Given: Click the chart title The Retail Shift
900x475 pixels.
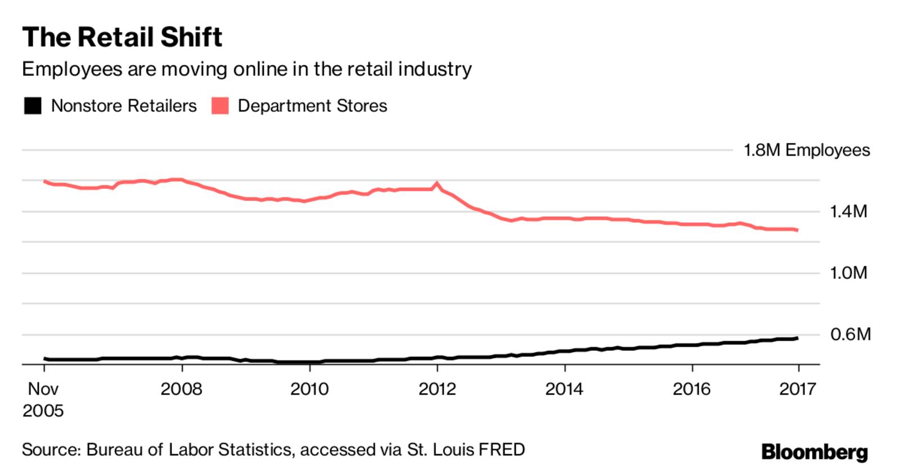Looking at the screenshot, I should [122, 38].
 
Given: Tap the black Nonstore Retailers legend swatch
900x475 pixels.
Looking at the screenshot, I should [33, 106].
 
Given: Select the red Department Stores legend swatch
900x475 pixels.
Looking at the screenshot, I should [220, 106].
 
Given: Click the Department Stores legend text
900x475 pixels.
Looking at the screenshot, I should [312, 106].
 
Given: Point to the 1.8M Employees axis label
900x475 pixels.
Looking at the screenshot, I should [806, 150].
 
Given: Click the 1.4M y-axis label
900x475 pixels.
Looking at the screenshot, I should [848, 211].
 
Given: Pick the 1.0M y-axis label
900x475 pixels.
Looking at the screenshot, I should [848, 273].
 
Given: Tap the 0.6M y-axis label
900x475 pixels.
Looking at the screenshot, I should [850, 334].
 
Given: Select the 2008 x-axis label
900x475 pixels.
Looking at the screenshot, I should [181, 389].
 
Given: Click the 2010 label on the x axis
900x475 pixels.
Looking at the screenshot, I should [309, 389].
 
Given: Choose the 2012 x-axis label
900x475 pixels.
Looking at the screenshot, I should [437, 389].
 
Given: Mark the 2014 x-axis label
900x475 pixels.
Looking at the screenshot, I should [564, 389].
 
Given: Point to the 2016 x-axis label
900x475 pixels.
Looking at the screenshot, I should [692, 389].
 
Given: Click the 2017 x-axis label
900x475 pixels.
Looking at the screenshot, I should [797, 389].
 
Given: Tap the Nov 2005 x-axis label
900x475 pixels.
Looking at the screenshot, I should [43, 399].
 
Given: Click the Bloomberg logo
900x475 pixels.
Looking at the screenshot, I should [814, 452].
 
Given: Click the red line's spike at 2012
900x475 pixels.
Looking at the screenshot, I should [437, 183].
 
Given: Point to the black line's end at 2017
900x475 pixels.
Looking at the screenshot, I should [797, 338].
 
